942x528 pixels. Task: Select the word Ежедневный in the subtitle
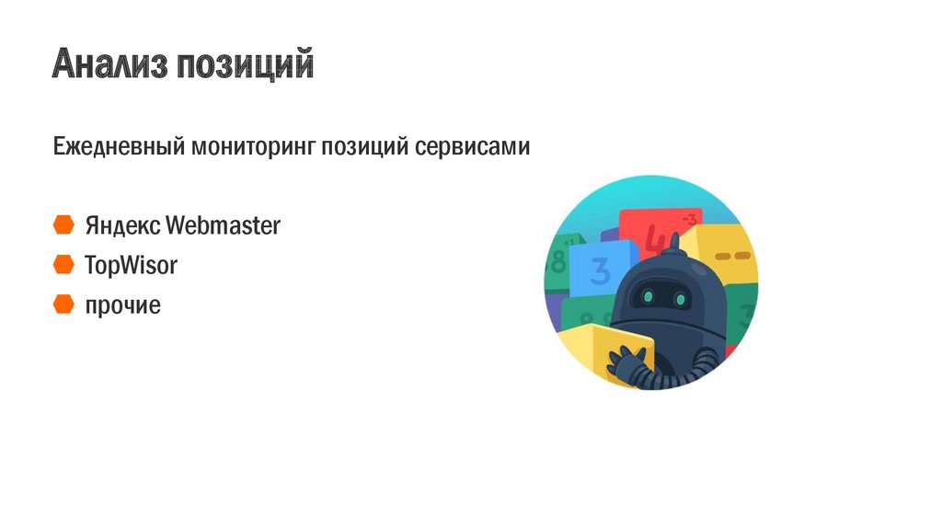pos(119,146)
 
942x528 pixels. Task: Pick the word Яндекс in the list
pos(122,226)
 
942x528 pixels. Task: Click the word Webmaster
pos(223,225)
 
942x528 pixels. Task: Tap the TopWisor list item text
pos(131,265)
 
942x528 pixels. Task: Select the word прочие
pos(123,305)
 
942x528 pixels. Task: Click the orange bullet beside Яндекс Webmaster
pos(63,224)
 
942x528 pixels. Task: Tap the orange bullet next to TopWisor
pos(63,264)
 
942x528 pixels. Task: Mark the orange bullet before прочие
pos(63,304)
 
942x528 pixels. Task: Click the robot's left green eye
pos(649,296)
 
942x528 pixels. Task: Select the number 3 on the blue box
pos(599,270)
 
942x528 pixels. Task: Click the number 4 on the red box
pos(654,240)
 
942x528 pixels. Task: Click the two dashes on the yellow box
pos(733,256)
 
